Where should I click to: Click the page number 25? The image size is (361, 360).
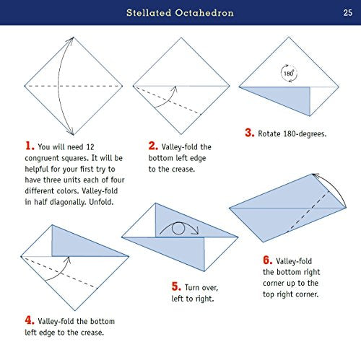pyautogui.click(x=347, y=12)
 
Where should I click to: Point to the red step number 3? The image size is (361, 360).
pyautogui.click(x=248, y=133)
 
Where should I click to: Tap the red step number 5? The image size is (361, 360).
pyautogui.click(x=175, y=286)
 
